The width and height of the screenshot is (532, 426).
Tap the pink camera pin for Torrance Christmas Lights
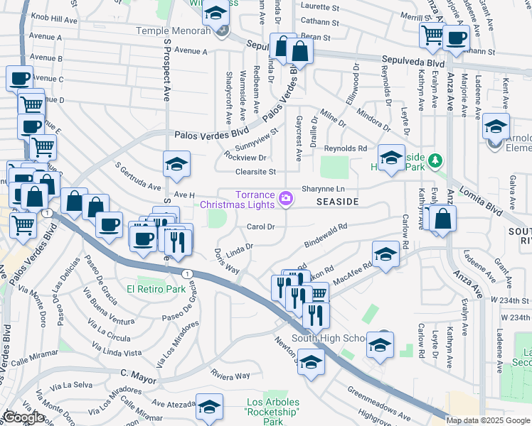286,198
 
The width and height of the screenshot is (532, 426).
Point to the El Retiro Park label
156,289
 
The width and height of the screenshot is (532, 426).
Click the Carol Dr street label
260,227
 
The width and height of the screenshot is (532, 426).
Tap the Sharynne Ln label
323,189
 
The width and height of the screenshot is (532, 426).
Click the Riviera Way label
230,373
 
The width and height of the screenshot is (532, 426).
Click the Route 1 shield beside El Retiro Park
186,273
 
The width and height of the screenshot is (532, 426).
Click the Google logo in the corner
23,417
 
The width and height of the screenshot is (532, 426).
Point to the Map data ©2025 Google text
488,420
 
